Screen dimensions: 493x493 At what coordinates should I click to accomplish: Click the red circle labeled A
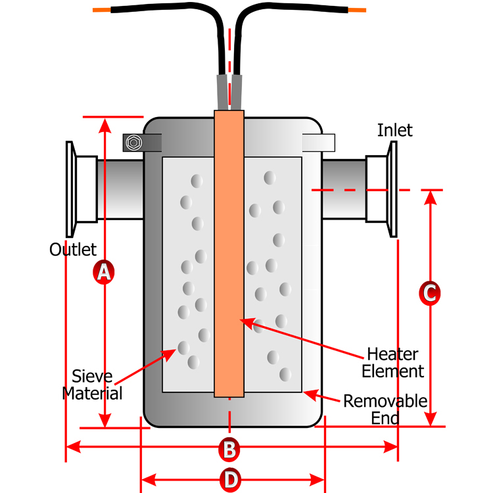pyautogui.click(x=103, y=271)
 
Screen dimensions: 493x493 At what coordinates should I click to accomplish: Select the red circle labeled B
pyautogui.click(x=229, y=450)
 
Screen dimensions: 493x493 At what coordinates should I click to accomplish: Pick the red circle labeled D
pyautogui.click(x=230, y=480)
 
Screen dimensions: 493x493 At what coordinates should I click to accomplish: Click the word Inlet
pyautogui.click(x=394, y=130)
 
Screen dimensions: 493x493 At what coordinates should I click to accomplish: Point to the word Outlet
pyautogui.click(x=73, y=250)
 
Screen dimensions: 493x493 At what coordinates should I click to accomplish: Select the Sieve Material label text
pyautogui.click(x=93, y=385)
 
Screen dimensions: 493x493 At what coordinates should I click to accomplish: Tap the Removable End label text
pyautogui.click(x=385, y=409)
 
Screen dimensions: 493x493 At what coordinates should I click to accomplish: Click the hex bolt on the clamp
pyautogui.click(x=133, y=142)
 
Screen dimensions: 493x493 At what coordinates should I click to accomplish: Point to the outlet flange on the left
pyautogui.click(x=70, y=189)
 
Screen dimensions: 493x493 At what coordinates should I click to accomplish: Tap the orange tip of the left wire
pyautogui.click(x=101, y=11)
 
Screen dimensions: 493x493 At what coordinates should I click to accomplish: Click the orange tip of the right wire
pyautogui.click(x=357, y=11)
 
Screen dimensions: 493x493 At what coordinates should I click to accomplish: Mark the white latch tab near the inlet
pyautogui.click(x=319, y=141)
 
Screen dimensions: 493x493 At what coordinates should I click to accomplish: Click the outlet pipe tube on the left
pyautogui.click(x=120, y=189)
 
